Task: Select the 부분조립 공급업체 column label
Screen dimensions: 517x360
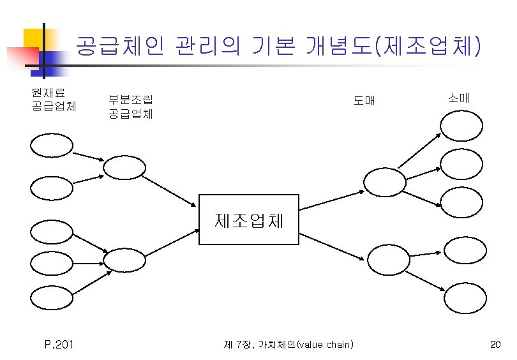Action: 130,107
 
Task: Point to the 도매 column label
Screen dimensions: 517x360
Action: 364,101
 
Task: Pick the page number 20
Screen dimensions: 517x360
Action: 495,345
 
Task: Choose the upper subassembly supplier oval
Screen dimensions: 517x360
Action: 124,167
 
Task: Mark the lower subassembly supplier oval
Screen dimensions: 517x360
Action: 124,260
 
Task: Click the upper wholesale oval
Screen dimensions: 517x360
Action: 384,181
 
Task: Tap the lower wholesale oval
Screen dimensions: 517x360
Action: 388,259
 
